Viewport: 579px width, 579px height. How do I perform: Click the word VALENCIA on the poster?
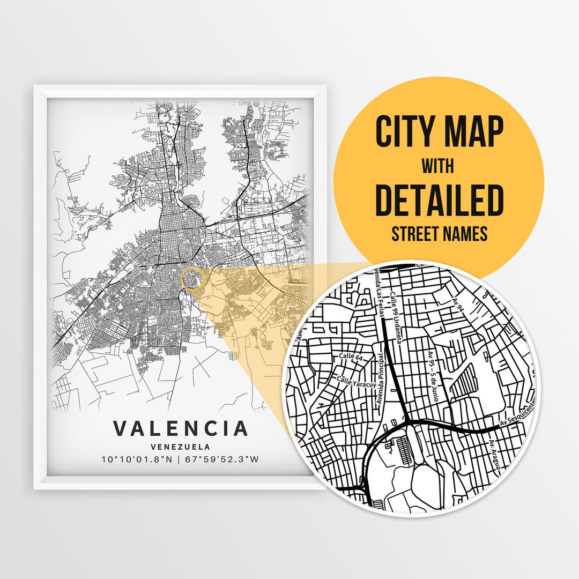click(x=181, y=428)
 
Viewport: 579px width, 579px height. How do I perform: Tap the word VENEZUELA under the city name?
click(x=180, y=446)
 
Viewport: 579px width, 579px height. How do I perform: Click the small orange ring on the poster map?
click(x=194, y=278)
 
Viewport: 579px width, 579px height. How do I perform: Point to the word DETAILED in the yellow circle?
click(x=439, y=199)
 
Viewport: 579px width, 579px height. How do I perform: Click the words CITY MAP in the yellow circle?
click(x=439, y=132)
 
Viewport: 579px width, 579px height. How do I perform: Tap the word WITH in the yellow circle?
click(x=437, y=166)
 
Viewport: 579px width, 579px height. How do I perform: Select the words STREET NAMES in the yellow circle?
click(x=439, y=234)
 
